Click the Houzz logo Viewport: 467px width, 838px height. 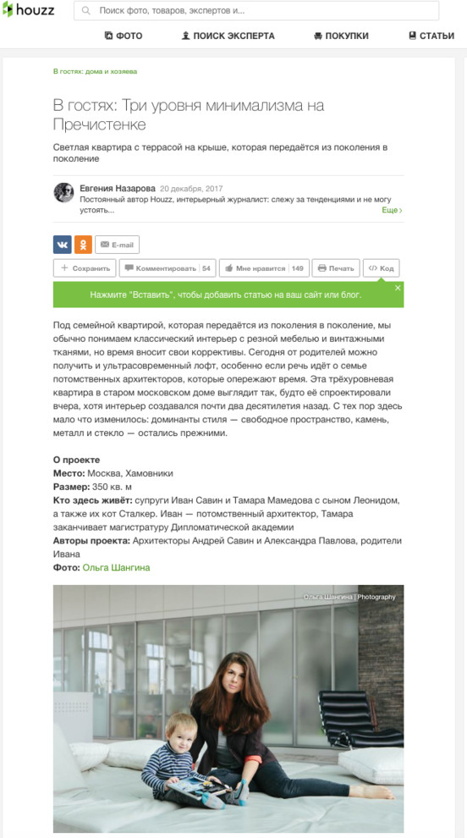[30, 11]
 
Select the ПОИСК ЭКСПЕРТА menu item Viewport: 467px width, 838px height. [228, 36]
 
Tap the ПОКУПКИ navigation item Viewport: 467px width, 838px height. [341, 36]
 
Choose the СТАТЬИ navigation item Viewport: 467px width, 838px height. [431, 36]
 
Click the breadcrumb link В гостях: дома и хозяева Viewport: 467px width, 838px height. [95, 72]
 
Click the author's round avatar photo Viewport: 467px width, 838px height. [63, 192]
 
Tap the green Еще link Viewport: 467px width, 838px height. [391, 210]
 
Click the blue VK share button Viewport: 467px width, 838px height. [62, 245]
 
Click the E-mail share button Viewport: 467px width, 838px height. [117, 245]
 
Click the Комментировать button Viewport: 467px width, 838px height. [167, 268]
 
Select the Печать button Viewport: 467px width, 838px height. [335, 268]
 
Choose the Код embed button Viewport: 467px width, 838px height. [381, 268]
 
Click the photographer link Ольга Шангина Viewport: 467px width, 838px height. [116, 568]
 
